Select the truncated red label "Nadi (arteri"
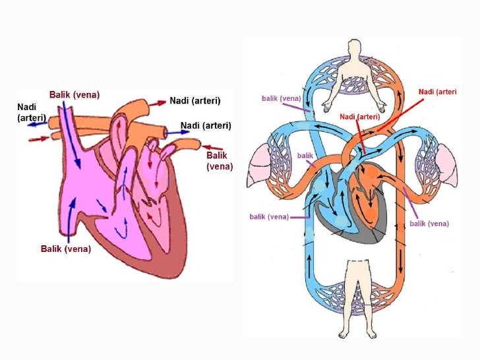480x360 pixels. click(x=437, y=91)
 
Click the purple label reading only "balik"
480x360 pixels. click(x=305, y=156)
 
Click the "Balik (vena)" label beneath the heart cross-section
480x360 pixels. click(x=66, y=249)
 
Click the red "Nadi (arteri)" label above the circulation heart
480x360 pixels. click(x=359, y=117)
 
